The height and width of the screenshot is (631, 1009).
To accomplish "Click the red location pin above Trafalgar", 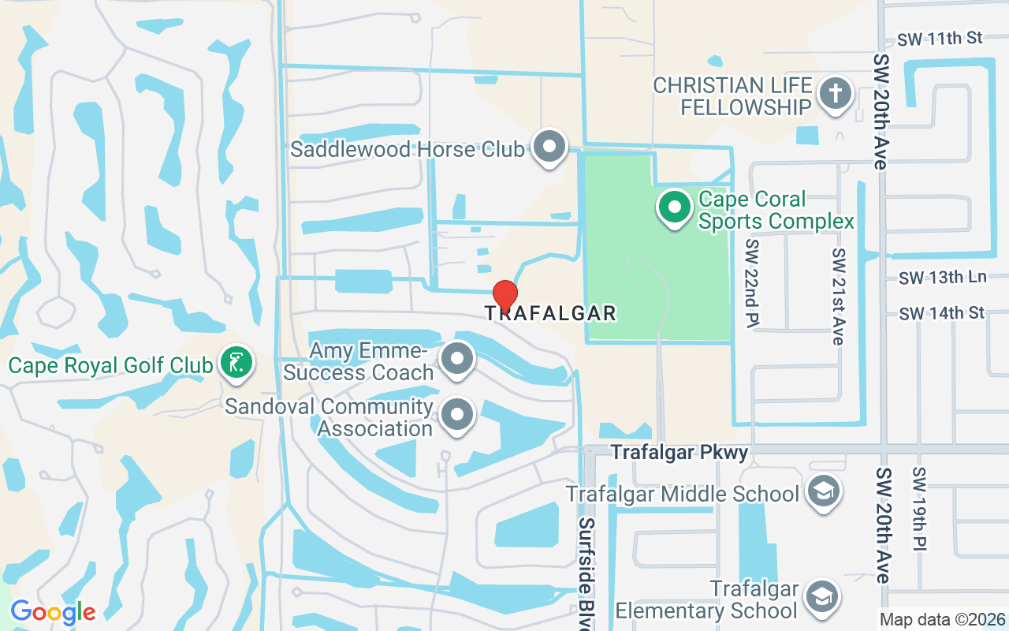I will [x=504, y=296].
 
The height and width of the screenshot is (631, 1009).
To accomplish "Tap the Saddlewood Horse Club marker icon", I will [x=549, y=147].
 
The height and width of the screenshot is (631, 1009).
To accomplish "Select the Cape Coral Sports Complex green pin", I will [x=674, y=208].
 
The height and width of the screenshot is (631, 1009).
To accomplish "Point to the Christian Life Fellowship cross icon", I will [x=835, y=94].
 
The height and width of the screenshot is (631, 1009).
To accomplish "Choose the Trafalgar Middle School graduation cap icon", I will [x=824, y=492].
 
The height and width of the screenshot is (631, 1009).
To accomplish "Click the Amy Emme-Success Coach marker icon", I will [x=457, y=359].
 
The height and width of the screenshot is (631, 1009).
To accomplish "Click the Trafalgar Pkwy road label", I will [x=679, y=453].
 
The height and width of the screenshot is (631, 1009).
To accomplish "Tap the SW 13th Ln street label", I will [x=942, y=278].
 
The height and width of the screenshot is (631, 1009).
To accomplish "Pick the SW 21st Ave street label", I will [x=838, y=296].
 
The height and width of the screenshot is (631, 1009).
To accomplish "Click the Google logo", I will [x=53, y=612].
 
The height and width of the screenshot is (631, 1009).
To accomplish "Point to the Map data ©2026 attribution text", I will [x=942, y=620].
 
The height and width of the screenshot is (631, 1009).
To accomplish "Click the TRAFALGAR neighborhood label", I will [x=550, y=314].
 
